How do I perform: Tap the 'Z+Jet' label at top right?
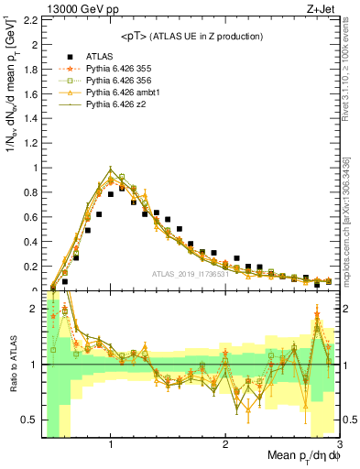tap(322, 8)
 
